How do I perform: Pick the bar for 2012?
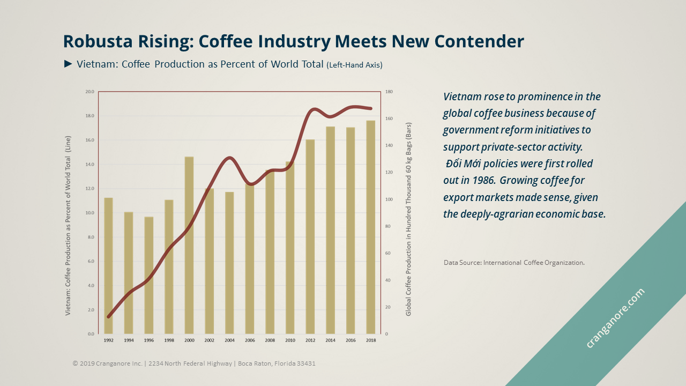tap(310, 236)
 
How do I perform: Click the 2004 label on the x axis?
tap(229, 340)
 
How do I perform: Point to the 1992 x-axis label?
tap(108, 340)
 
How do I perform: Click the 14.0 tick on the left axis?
tap(90, 165)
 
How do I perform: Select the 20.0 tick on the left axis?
tap(90, 92)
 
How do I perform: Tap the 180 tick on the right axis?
tap(389, 92)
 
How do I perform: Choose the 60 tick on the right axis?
tap(388, 253)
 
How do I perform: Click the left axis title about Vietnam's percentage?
tap(68, 225)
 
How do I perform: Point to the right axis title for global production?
tap(408, 219)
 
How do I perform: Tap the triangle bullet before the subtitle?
tap(68, 64)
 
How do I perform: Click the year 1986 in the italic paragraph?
tap(483, 180)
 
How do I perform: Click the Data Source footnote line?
tap(513, 263)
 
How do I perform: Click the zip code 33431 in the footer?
tap(305, 363)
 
